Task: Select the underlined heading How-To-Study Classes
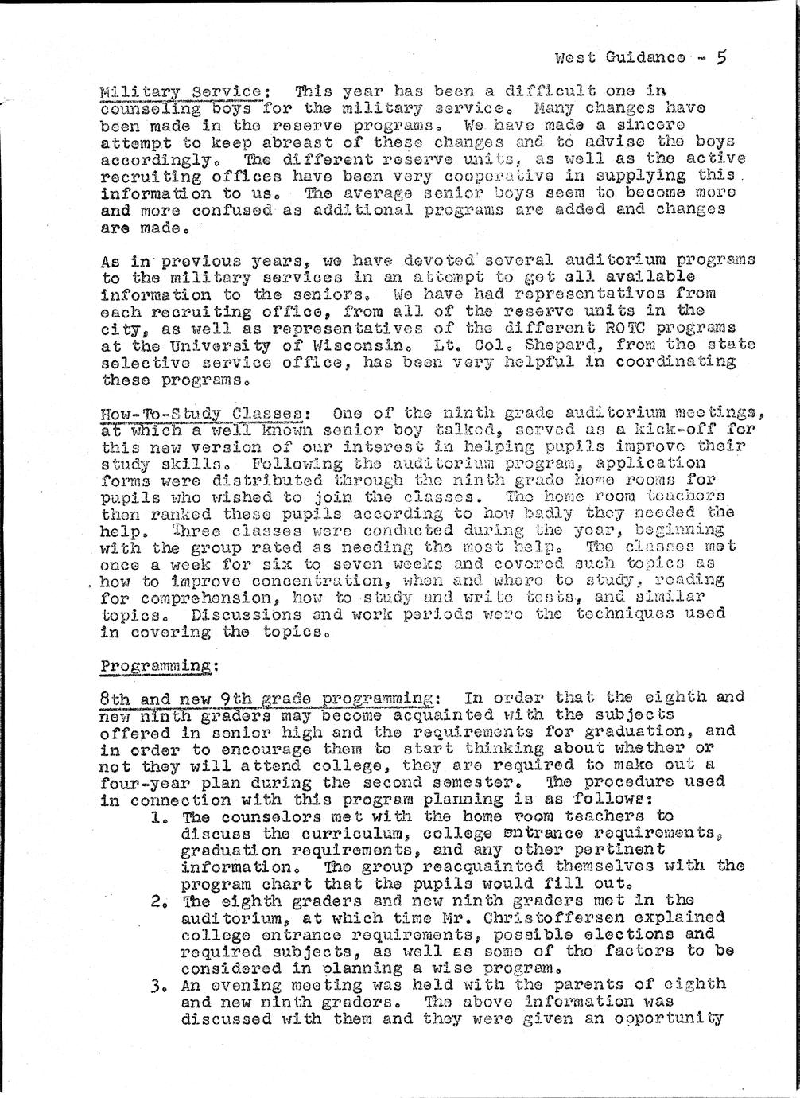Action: [x=204, y=414]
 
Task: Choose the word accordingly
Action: [x=150, y=158]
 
